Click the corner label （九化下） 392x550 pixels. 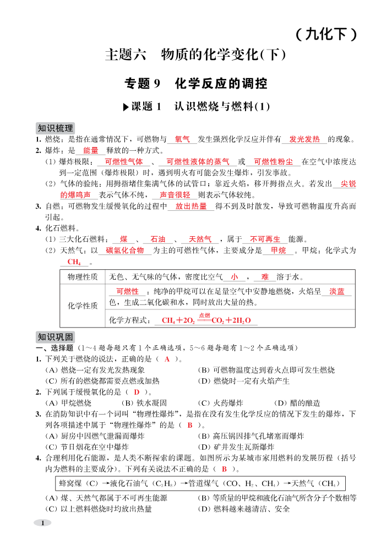tap(326, 35)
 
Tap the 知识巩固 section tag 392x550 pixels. tap(55, 337)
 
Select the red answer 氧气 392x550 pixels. tap(182, 139)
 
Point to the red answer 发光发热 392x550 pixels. tap(304, 139)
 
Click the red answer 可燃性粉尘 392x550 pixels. tap(273, 162)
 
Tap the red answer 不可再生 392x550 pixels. tap(265, 239)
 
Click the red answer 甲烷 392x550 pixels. tap(279, 251)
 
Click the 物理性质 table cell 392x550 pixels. tap(83, 277)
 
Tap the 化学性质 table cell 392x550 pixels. tap(83, 306)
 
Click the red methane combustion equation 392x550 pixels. tap(206, 320)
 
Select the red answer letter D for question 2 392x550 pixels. tap(137, 392)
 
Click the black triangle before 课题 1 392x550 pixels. tap(126, 107)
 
